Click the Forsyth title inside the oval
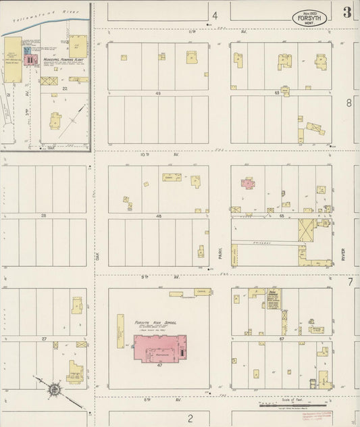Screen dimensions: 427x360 (310, 18)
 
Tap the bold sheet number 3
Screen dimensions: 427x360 (346, 12)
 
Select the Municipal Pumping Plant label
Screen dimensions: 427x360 (62, 59)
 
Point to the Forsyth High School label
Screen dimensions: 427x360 (156, 322)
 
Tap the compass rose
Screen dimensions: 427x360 (53, 388)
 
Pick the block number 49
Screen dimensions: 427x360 (159, 93)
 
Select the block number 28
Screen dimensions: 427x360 (44, 215)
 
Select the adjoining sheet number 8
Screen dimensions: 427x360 (349, 103)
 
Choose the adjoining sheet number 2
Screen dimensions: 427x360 (190, 418)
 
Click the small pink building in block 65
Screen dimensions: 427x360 (247, 182)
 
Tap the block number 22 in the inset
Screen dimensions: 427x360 (65, 89)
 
